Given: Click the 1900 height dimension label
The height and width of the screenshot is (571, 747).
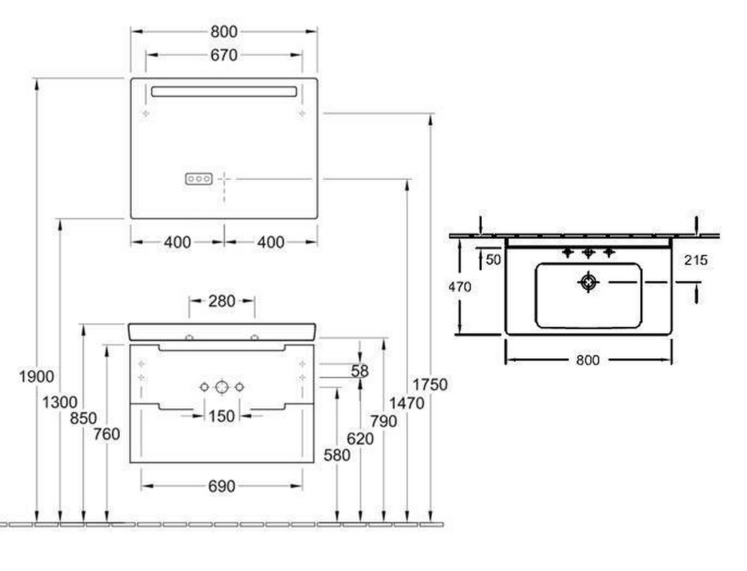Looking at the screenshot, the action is click(36, 377).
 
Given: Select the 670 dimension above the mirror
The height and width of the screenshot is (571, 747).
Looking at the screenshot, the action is click(224, 56).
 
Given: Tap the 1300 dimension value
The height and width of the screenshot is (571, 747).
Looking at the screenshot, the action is click(60, 403).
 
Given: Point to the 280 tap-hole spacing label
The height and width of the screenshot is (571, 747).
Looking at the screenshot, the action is click(222, 301).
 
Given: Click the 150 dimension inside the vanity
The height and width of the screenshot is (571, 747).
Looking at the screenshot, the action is click(222, 416).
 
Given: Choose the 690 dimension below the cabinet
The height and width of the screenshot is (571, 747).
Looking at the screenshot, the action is click(222, 486).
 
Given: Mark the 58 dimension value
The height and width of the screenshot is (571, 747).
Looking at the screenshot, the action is click(360, 370).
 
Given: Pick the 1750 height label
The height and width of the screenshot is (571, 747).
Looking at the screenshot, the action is click(430, 385).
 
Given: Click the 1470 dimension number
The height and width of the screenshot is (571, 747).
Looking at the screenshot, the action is click(406, 403).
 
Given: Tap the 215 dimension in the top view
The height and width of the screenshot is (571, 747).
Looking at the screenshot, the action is click(696, 261).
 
